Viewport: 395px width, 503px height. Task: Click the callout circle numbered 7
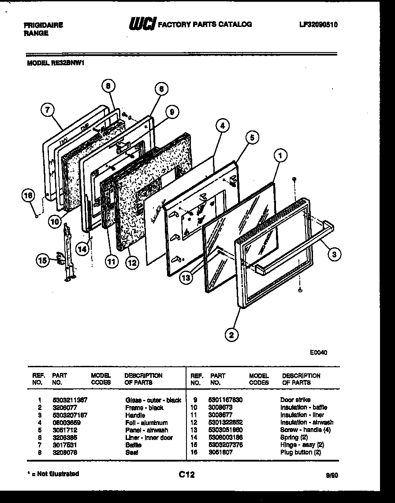point(47,110)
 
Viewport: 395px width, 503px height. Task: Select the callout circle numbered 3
point(335,254)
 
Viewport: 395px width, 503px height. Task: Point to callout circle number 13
point(186,278)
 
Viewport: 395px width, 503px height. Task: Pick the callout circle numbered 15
point(42,261)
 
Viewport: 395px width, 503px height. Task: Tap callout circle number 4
point(223,126)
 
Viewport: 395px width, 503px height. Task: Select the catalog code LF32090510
point(318,25)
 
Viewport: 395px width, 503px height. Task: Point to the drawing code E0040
point(318,352)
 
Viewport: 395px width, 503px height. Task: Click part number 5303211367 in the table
point(70,400)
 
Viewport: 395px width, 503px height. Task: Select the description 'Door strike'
point(295,400)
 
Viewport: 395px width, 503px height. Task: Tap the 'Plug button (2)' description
point(300,452)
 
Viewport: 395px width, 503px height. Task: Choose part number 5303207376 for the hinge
point(226,445)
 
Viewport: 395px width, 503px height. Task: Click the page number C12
point(186,474)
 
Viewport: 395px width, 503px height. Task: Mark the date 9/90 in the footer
point(332,475)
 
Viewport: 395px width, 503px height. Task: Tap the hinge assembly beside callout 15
point(67,251)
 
